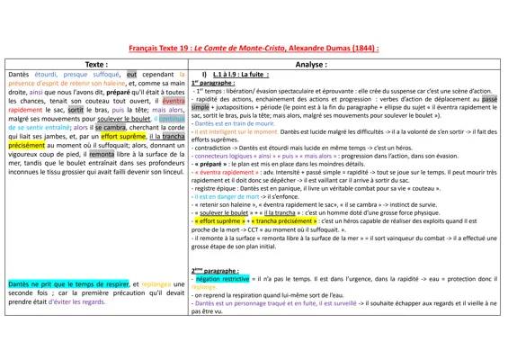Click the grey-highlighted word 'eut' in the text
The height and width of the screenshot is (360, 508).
[x=132, y=75]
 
